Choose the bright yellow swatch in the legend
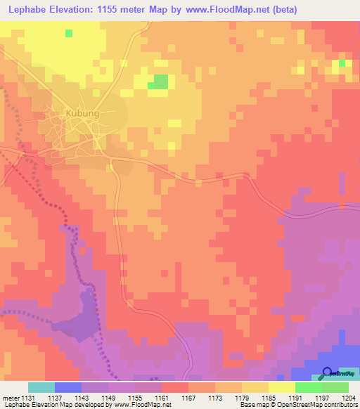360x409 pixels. tap(282, 387)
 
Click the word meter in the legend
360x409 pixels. tap(9, 397)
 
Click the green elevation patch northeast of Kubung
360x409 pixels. tap(161, 82)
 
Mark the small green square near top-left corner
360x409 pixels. tap(68, 33)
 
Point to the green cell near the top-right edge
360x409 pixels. tap(342, 63)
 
